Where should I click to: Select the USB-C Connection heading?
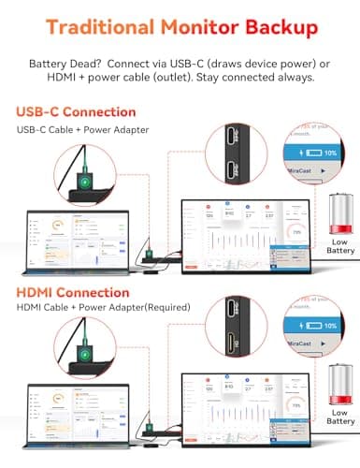(74, 112)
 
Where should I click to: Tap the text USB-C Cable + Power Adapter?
(82, 130)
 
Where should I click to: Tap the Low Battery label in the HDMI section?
(340, 423)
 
